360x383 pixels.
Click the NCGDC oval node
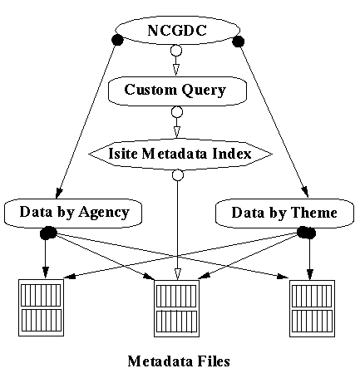tap(177, 30)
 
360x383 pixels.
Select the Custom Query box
tap(177, 91)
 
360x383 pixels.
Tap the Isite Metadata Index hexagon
tap(180, 154)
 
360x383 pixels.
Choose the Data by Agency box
tap(73, 213)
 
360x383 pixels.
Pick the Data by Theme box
tap(284, 214)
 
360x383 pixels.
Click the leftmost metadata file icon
tap(41, 307)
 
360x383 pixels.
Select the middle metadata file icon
tap(176, 308)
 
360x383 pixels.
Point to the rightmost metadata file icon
tap(312, 308)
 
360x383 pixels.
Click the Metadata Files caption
tap(179, 361)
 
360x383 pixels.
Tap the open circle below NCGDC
tap(176, 51)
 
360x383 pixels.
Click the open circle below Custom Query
tap(177, 112)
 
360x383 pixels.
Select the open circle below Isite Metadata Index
tap(178, 175)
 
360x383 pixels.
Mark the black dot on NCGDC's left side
tap(117, 40)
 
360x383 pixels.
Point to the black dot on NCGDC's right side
tap(238, 42)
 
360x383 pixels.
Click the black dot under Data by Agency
tap(48, 233)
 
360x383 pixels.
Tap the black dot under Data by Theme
tap(306, 233)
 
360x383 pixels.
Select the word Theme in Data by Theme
tap(314, 213)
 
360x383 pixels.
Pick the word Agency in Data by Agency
tap(104, 213)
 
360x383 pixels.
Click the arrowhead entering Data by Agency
tap(59, 193)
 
